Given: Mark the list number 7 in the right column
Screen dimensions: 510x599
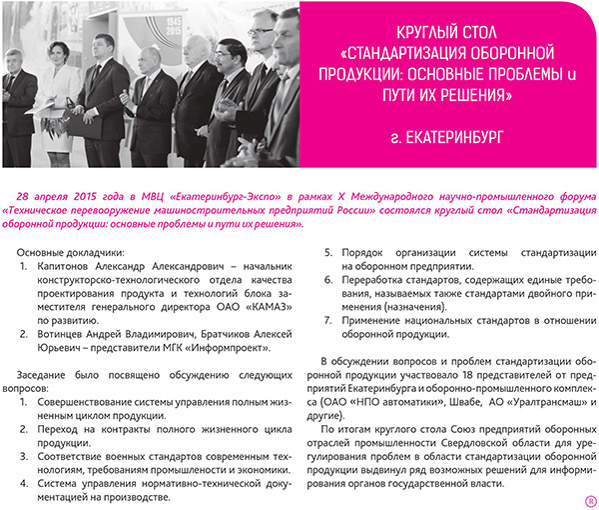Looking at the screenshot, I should pyautogui.click(x=330, y=320).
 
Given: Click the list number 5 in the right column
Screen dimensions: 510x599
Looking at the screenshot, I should pyautogui.click(x=330, y=253).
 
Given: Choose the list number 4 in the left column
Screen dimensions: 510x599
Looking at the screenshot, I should pyautogui.click(x=25, y=480).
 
